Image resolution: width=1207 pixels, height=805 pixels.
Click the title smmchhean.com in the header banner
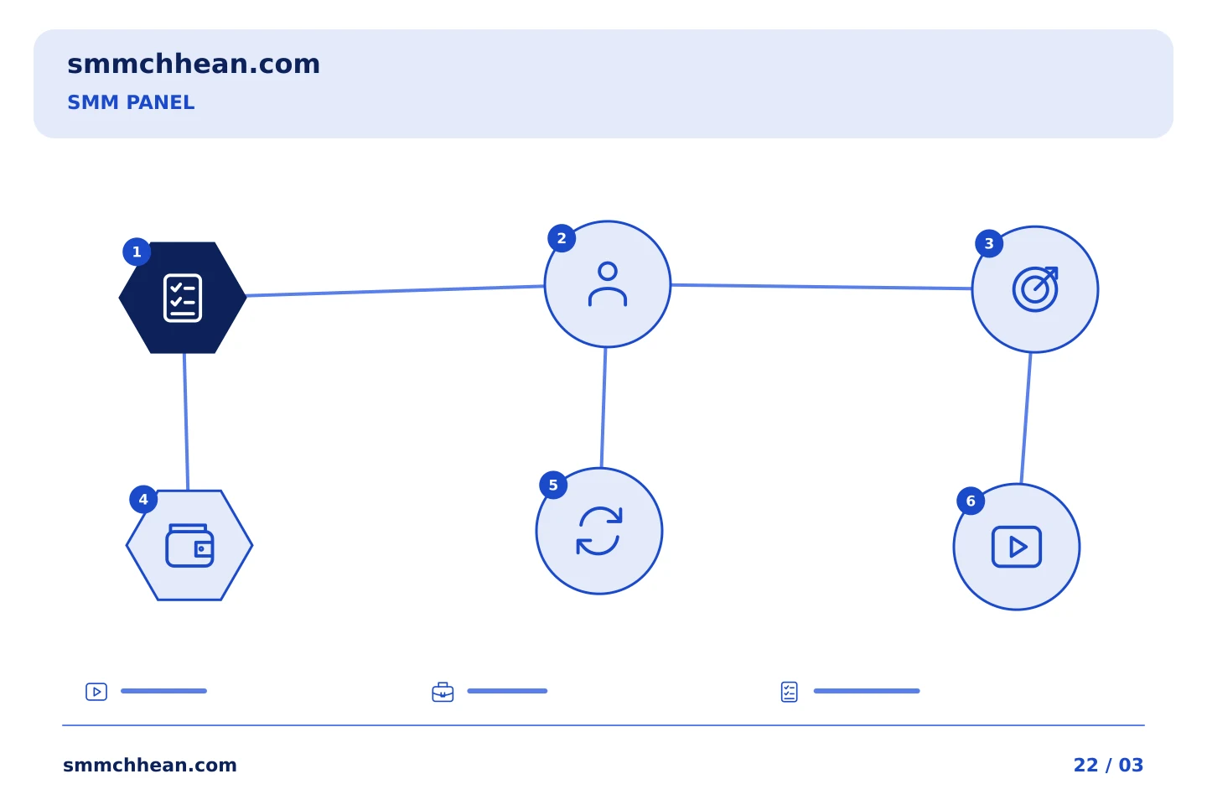pyautogui.click(x=194, y=65)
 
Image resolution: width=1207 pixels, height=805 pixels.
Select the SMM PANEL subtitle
pyautogui.click(x=131, y=102)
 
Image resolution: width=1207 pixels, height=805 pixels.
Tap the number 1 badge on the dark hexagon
pyautogui.click(x=137, y=252)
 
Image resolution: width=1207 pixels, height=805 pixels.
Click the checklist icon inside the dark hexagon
pyautogui.click(x=183, y=298)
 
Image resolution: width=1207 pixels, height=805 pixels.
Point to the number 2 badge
pyautogui.click(x=562, y=238)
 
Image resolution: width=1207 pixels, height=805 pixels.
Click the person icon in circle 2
pyautogui.click(x=607, y=284)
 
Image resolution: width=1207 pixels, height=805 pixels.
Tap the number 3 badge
pyautogui.click(x=989, y=244)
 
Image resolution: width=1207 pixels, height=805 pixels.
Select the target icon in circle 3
pyautogui.click(x=1035, y=289)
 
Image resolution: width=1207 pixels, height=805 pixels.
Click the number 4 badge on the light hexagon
pyautogui.click(x=143, y=500)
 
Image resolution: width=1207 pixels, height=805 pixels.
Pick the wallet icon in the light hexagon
pyautogui.click(x=189, y=545)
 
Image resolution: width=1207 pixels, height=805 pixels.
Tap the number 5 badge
pyautogui.click(x=553, y=486)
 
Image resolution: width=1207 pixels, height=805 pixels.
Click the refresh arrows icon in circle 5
pyautogui.click(x=599, y=531)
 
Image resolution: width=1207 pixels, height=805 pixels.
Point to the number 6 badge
pyautogui.click(x=971, y=501)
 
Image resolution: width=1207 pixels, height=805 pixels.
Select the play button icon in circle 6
pyautogui.click(x=1017, y=547)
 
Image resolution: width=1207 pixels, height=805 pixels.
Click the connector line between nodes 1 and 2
pyautogui.click(x=396, y=291)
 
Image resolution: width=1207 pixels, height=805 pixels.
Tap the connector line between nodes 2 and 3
pyautogui.click(x=821, y=287)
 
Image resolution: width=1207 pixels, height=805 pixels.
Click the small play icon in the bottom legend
pyautogui.click(x=96, y=692)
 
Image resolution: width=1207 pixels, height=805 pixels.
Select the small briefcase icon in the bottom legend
pyautogui.click(x=443, y=692)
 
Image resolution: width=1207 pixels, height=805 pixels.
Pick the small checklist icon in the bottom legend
pyautogui.click(x=790, y=692)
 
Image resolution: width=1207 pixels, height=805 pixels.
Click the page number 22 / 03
pyautogui.click(x=1108, y=765)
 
